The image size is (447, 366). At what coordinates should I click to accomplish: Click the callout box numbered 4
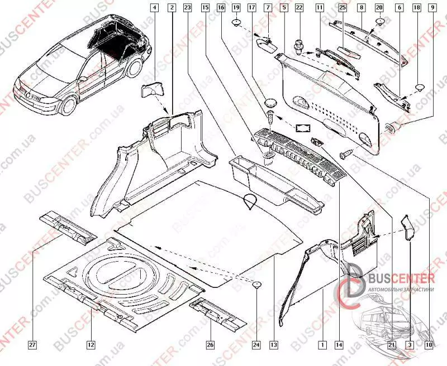[155, 8]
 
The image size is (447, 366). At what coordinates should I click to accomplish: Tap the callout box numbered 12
[90, 345]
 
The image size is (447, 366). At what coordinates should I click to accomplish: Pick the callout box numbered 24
[256, 345]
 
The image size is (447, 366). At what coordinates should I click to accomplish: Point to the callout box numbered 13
[273, 345]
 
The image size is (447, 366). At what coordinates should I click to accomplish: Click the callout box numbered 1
[322, 345]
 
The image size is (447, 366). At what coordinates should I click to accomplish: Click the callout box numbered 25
[343, 8]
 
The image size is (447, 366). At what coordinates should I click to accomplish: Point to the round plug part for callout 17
[272, 103]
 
